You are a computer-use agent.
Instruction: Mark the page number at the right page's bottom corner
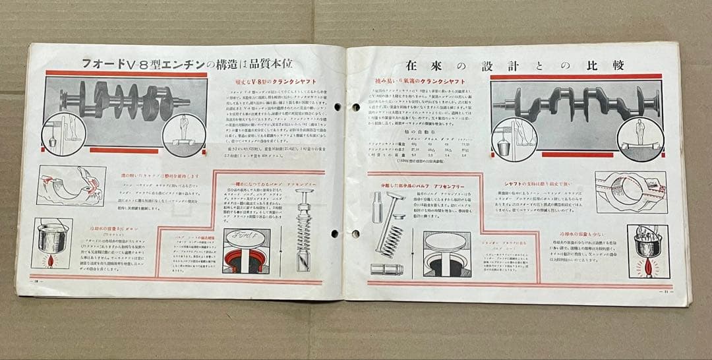tap(667, 292)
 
